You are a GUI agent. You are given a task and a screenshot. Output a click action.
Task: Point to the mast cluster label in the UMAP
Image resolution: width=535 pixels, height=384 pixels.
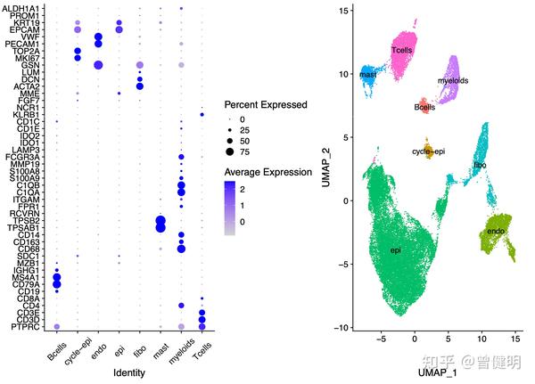coord(367,75)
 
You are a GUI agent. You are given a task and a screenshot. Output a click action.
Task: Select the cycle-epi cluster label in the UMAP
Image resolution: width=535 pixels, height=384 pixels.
coord(430,151)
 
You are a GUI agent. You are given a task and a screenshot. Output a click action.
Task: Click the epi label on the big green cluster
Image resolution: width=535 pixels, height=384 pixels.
coord(395,250)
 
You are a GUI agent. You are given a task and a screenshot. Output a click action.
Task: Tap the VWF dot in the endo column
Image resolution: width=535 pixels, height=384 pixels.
coord(98,36)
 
